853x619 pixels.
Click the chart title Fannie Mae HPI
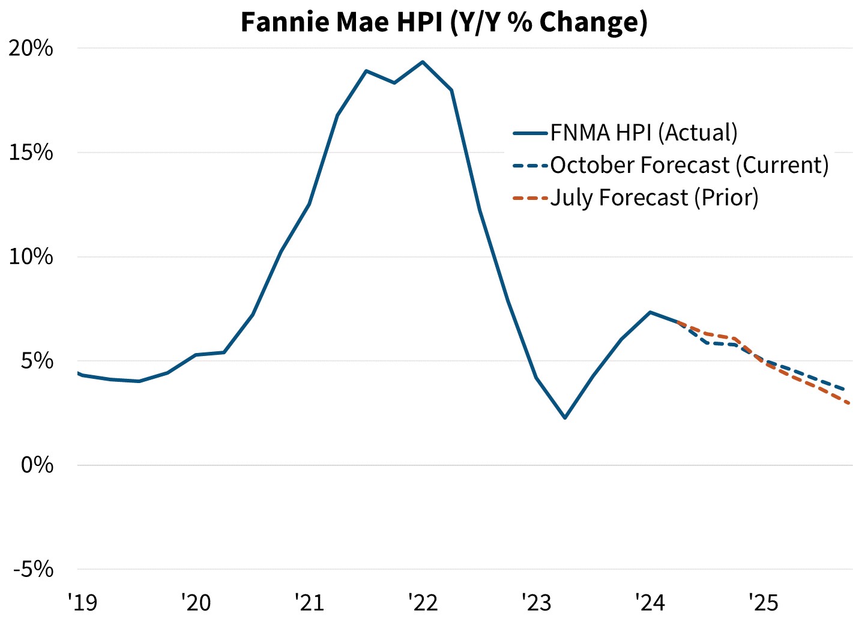click(x=444, y=22)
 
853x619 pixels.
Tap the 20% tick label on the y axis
click(x=31, y=48)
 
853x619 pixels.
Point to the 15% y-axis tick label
click(x=31, y=152)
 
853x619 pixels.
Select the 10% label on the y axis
click(x=31, y=257)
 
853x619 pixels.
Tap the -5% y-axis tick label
click(x=33, y=569)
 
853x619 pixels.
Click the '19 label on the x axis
click(x=82, y=602)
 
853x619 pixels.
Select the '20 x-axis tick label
click(x=196, y=602)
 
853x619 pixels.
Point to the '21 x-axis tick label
click(x=309, y=602)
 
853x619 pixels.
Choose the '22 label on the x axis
click(x=423, y=602)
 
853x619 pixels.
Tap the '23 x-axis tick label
click(x=536, y=602)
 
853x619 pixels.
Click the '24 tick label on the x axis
click(x=650, y=602)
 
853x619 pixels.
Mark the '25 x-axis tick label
click(x=763, y=602)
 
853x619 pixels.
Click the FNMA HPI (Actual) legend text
click(x=644, y=133)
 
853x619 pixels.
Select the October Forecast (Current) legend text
click(x=689, y=165)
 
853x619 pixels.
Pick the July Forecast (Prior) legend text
click(x=654, y=198)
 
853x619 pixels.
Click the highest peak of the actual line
click(x=423, y=62)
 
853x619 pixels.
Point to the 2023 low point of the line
click(x=565, y=417)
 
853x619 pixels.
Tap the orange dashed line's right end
click(x=849, y=403)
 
